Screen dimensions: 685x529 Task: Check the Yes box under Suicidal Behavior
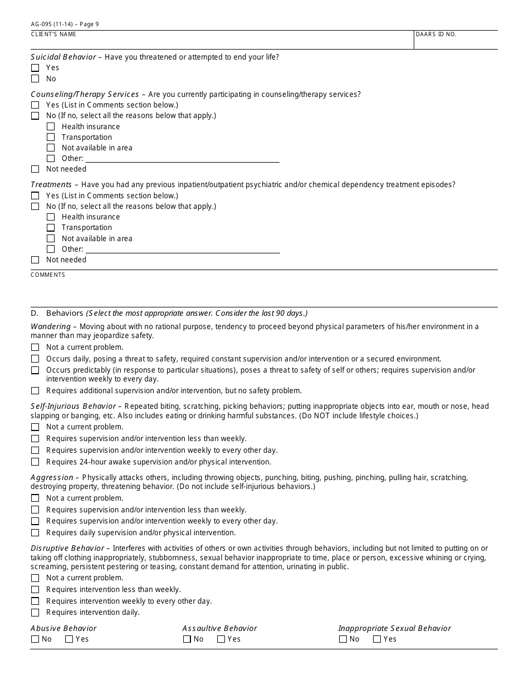[x=35, y=68]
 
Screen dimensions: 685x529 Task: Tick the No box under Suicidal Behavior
[x=35, y=79]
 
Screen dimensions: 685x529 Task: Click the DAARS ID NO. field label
[x=436, y=35]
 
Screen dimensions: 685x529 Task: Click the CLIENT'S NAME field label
[x=53, y=35]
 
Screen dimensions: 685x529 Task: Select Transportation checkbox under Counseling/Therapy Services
[x=51, y=138]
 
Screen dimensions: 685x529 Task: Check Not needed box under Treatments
[x=35, y=260]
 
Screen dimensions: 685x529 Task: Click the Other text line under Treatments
[x=182, y=249]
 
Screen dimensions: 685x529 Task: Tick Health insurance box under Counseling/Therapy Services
[x=51, y=127]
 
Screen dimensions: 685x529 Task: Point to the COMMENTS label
[x=48, y=275]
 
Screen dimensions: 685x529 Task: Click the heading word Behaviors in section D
[x=65, y=314]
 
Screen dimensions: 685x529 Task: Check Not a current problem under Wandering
[x=35, y=348]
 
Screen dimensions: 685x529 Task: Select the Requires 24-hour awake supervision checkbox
[x=35, y=462]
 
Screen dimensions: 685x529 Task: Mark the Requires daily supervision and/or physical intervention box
[x=35, y=533]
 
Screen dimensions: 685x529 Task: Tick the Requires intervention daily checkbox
[x=35, y=613]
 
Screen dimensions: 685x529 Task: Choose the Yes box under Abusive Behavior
[x=69, y=639]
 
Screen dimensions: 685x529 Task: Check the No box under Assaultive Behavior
[x=187, y=639]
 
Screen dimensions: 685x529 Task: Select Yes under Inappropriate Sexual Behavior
[x=377, y=639]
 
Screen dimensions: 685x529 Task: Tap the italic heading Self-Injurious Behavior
[x=73, y=407]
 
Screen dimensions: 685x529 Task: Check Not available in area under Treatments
[x=51, y=239]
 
